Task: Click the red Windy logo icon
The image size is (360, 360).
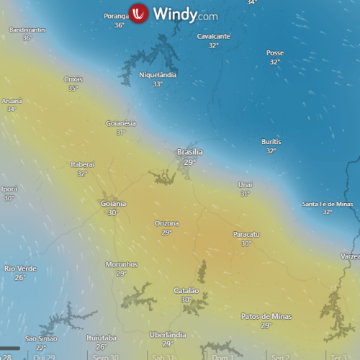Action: tap(139, 13)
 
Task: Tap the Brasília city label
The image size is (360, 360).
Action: tap(190, 152)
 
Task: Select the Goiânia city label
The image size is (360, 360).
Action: tap(114, 204)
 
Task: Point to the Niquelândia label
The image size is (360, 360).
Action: tap(158, 75)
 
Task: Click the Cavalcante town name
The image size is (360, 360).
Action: tap(213, 36)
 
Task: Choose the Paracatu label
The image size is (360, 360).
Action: tap(246, 234)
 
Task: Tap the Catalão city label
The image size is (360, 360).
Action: tap(186, 290)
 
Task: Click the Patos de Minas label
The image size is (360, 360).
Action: tap(266, 316)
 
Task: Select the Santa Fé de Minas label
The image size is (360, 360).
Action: tap(328, 204)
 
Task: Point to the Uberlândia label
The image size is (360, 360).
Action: tap(168, 335)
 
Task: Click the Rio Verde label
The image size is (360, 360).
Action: tap(20, 269)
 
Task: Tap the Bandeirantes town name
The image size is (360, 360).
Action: tap(27, 30)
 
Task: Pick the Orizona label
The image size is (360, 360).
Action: tap(167, 223)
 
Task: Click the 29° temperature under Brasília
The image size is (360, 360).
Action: tap(189, 162)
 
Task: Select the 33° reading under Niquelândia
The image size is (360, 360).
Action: tap(158, 84)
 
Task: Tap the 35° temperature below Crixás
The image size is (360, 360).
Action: tap(73, 88)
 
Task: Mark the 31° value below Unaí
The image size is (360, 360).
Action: tap(246, 194)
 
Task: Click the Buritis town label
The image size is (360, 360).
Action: tap(271, 142)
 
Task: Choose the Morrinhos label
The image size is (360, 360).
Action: tap(121, 264)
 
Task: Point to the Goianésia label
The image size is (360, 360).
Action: tap(121, 123)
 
